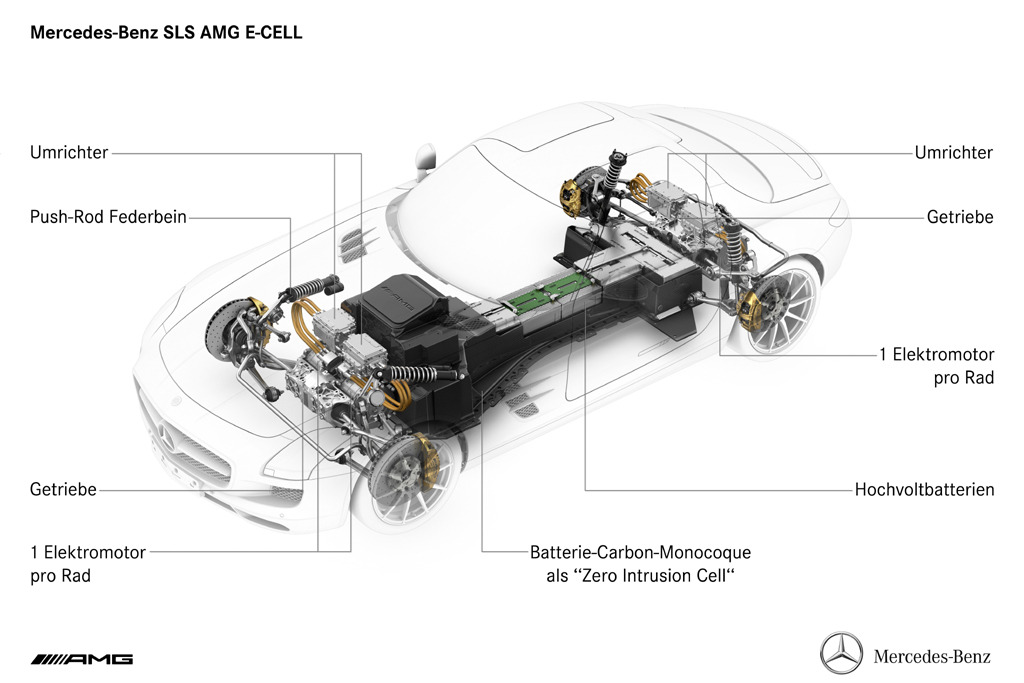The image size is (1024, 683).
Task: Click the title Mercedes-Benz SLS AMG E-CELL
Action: [x=166, y=33]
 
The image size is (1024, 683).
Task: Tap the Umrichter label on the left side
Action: [x=69, y=153]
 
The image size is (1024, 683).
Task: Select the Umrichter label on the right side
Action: [x=953, y=153]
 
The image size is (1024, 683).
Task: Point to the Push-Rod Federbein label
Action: [x=108, y=217]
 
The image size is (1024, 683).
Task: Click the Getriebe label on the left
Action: [x=63, y=490]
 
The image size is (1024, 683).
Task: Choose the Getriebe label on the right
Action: [x=960, y=217]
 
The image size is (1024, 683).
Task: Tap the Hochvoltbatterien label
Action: [x=925, y=490]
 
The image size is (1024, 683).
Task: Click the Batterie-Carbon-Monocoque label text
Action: [x=641, y=564]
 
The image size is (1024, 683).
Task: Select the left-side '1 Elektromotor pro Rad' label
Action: [x=88, y=564]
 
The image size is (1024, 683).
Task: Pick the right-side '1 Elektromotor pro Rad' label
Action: [x=936, y=366]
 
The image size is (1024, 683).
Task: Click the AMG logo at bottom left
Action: [x=82, y=659]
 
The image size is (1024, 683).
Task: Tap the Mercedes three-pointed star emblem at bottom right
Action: [x=841, y=653]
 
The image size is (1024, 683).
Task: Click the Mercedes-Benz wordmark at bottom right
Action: [x=932, y=656]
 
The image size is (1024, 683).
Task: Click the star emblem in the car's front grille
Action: [x=165, y=435]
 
